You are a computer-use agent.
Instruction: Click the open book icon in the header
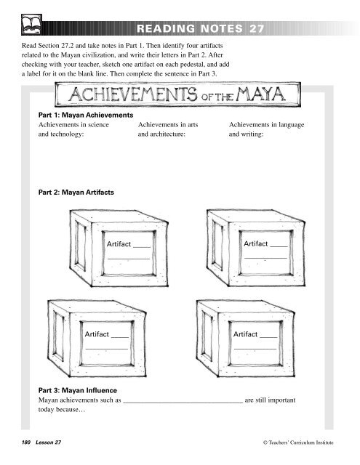[31, 25]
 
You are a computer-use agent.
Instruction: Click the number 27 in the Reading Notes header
[257, 29]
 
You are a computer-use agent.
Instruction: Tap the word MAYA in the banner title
[260, 94]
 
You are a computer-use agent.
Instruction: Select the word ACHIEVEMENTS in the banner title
[133, 94]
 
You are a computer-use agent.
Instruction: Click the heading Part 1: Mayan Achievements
[86, 115]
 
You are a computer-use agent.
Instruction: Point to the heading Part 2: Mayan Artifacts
[76, 192]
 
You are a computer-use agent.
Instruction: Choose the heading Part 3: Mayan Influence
[78, 390]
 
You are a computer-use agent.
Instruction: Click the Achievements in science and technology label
[73, 129]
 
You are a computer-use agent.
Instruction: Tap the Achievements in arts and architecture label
[168, 129]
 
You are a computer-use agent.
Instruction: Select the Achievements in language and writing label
[266, 129]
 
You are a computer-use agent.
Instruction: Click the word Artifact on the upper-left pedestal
[119, 244]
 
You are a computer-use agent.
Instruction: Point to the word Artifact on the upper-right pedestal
[256, 244]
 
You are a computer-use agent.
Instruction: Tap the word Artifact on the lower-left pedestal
[97, 334]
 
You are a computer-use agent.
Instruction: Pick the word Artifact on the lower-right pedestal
[245, 334]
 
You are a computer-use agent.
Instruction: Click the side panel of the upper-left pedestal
[80, 246]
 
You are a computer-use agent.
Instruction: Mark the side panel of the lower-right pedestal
[207, 336]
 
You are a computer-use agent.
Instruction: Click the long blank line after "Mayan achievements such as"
[183, 403]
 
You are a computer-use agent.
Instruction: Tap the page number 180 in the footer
[26, 442]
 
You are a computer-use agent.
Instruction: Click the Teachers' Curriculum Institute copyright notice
[298, 442]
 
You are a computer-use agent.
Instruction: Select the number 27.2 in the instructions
[68, 46]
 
